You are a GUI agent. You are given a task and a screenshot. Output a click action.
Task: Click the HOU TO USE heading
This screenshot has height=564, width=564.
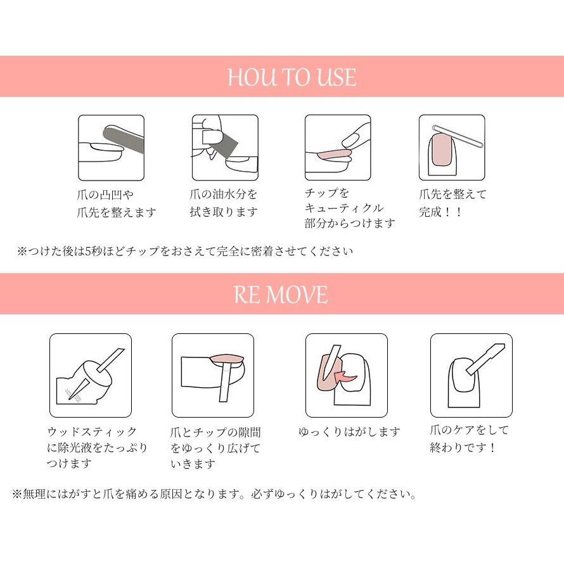[292, 77]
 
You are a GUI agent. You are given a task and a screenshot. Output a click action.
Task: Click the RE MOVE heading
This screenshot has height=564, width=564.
[281, 295]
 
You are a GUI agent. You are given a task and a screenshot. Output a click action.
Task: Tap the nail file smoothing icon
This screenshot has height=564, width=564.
[111, 147]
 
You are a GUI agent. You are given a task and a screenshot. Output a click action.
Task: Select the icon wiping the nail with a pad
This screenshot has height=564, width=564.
[224, 147]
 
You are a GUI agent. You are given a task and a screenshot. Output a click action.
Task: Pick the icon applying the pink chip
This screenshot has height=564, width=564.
[337, 147]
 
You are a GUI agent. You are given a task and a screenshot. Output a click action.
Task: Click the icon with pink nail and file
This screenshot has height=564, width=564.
[451, 147]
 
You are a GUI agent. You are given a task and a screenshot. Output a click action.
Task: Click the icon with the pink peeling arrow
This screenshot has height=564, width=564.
[346, 375]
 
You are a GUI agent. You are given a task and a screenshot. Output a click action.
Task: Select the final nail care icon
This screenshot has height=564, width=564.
[471, 375]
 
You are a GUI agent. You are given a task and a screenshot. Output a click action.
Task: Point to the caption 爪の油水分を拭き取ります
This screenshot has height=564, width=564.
[224, 203]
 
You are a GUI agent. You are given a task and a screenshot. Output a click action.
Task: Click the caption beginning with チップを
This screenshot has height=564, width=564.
[349, 208]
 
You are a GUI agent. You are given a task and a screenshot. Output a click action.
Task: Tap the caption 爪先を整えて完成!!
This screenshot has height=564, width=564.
[452, 203]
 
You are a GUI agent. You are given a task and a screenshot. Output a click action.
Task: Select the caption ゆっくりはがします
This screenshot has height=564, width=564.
[349, 432]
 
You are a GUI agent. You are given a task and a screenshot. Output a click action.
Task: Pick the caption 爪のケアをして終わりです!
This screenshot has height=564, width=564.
[470, 439]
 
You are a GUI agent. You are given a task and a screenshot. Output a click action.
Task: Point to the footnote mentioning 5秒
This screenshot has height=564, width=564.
[185, 251]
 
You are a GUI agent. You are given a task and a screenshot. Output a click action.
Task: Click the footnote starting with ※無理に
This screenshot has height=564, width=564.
[214, 494]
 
